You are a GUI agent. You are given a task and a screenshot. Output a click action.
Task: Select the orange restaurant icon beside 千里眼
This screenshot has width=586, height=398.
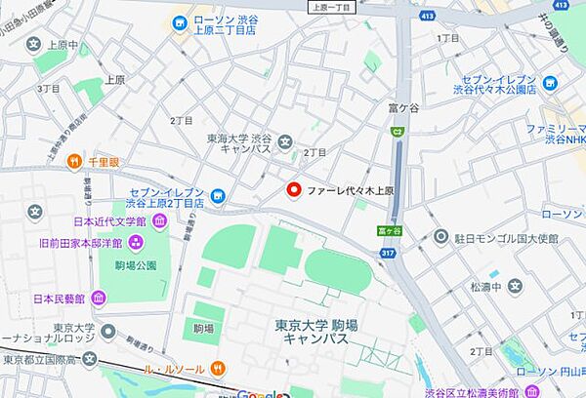point(73,160)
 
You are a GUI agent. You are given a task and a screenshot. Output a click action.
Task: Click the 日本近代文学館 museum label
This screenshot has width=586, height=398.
point(108,223)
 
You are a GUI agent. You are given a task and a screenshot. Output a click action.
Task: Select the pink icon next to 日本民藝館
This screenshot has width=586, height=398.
point(99,298)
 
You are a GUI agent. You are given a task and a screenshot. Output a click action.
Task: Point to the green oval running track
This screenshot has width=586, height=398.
point(338,270)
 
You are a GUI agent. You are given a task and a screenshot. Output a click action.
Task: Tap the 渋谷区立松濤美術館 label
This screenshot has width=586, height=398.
point(528,391)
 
